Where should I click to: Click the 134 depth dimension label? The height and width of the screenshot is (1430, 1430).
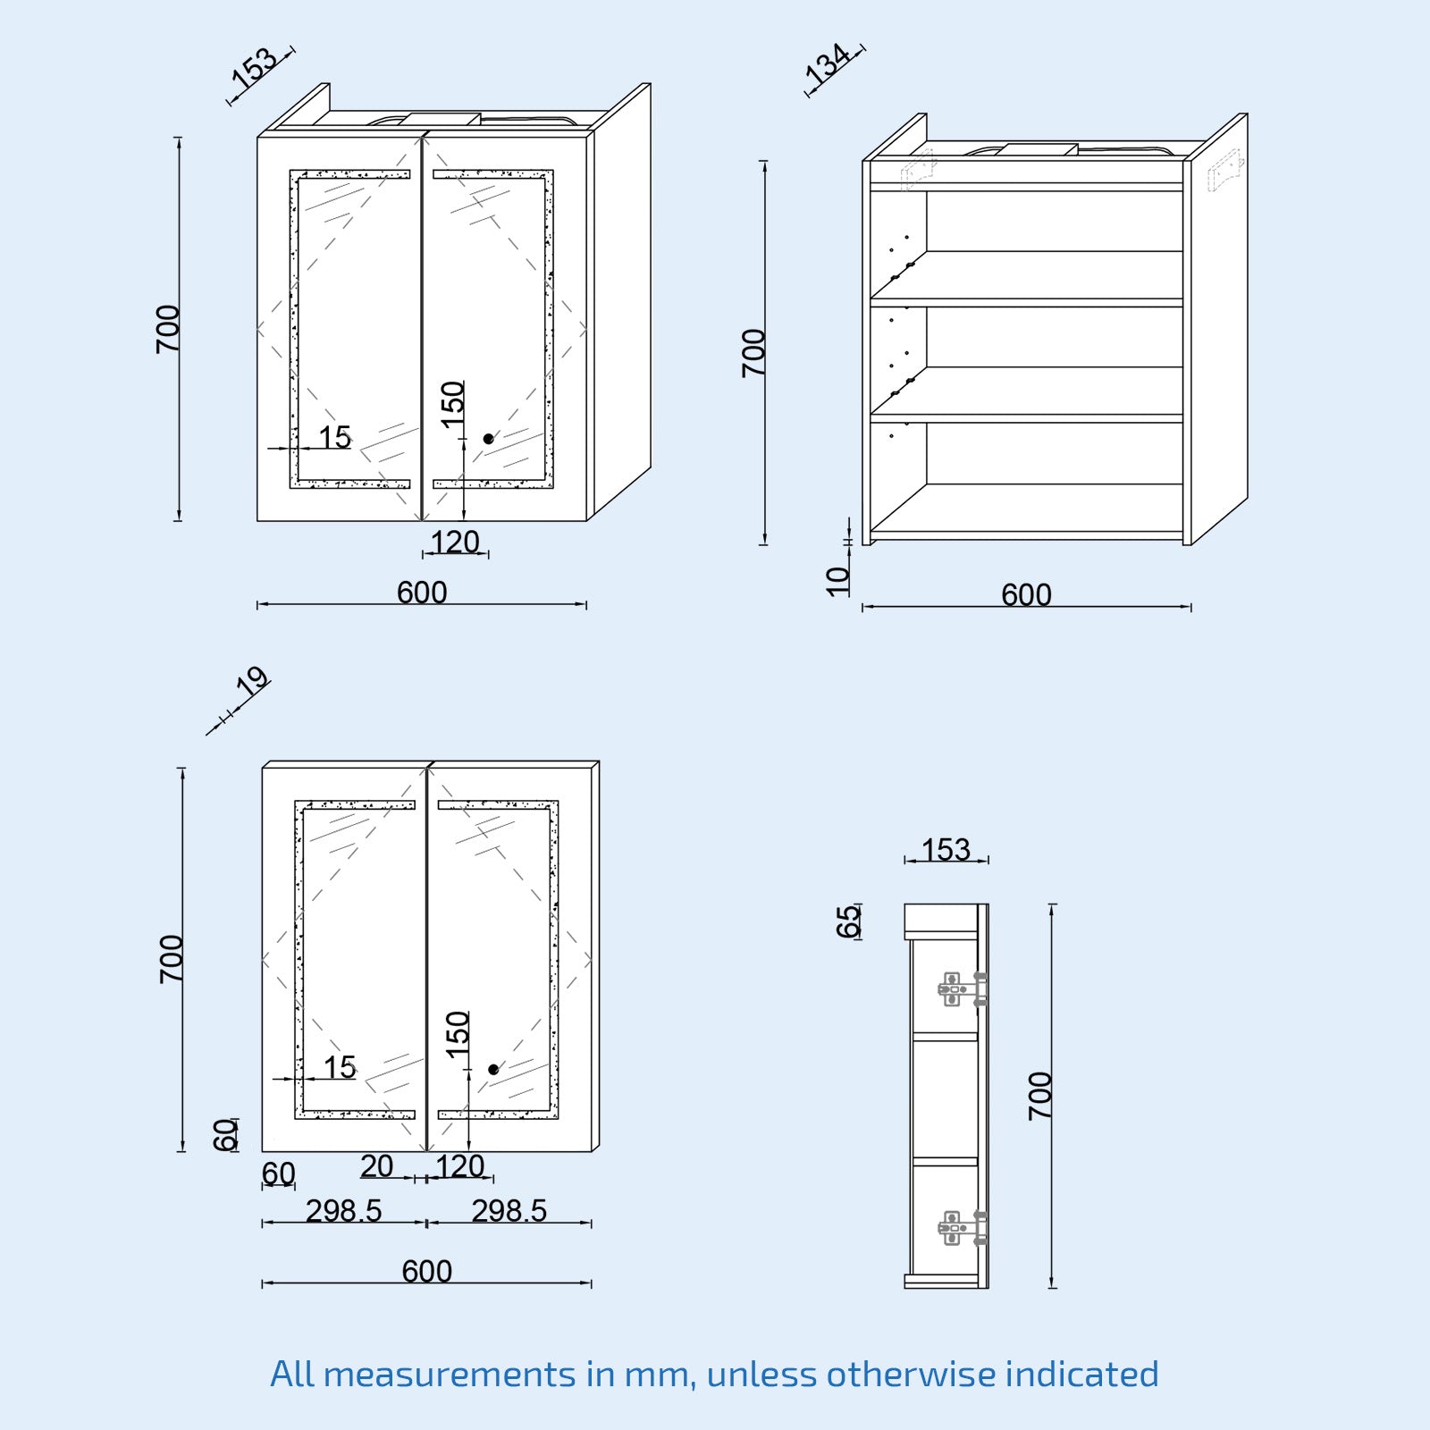[828, 63]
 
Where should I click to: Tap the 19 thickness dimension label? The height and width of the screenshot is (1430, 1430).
[252, 683]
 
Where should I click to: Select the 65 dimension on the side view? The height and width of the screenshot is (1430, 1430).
[848, 921]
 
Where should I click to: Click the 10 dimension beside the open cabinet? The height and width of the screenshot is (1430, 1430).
[838, 581]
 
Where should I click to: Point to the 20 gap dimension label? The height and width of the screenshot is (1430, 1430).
[377, 1166]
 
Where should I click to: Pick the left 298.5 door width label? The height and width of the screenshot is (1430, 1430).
[343, 1211]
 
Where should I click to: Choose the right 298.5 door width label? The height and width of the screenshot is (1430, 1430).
[509, 1211]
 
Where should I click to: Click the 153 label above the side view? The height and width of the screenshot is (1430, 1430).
[946, 849]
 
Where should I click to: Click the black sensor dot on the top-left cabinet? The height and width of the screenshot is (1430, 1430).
[488, 439]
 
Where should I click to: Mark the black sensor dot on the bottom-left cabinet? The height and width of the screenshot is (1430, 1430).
[493, 1069]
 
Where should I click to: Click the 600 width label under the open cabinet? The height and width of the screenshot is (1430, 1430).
[1026, 594]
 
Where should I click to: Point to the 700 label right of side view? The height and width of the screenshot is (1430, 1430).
[1040, 1096]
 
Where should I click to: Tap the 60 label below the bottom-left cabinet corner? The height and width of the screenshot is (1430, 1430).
[278, 1173]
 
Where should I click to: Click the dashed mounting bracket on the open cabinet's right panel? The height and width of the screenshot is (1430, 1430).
[1224, 170]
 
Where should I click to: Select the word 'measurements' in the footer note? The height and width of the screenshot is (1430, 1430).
[449, 1374]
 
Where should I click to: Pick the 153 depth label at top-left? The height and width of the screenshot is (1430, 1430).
[255, 67]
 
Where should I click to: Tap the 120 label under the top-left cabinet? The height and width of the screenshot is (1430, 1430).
[455, 542]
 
